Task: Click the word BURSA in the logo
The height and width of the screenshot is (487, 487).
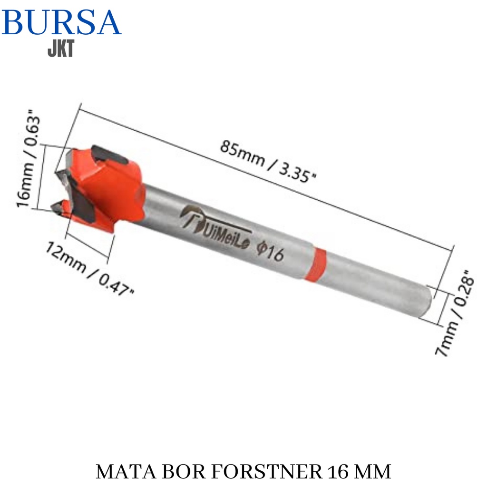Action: coord(61,22)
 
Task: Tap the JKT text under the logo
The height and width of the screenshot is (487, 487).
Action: coord(61,49)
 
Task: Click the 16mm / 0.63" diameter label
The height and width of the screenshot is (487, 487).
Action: coord(28,158)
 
